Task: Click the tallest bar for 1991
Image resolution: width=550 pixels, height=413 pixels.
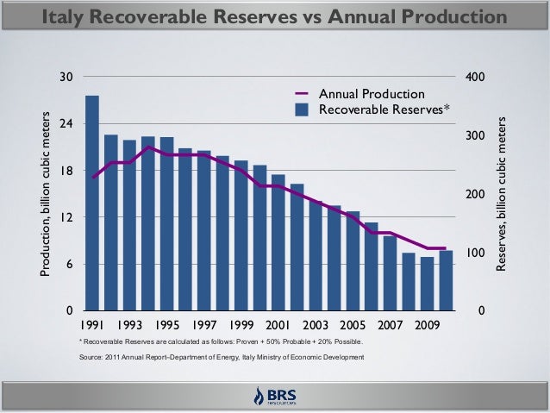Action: [x=92, y=203]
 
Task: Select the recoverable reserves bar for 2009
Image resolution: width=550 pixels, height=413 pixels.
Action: [x=427, y=284]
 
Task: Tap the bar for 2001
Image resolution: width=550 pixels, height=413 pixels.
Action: [x=278, y=242]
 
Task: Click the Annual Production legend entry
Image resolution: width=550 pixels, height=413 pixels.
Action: [x=372, y=93]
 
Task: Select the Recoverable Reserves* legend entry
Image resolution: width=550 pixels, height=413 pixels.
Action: [x=384, y=109]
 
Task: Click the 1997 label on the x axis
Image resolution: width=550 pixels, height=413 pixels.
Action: [x=203, y=327]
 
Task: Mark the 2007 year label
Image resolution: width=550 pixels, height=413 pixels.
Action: [x=390, y=327]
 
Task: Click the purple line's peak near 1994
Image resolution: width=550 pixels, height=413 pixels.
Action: [x=148, y=147]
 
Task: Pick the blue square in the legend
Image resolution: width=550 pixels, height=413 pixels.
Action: [x=302, y=110]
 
